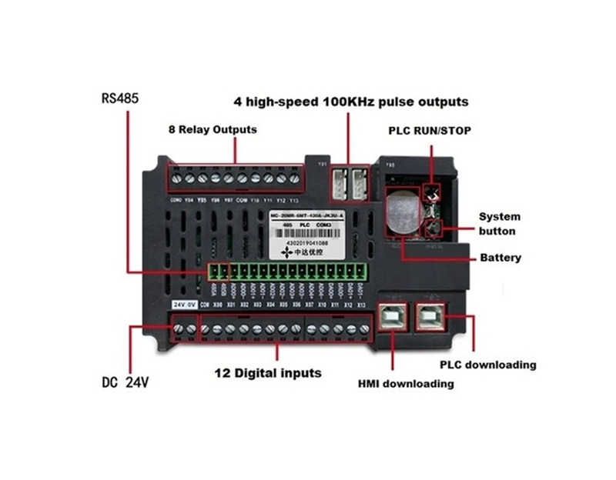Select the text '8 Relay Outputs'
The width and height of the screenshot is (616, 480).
pos(213,129)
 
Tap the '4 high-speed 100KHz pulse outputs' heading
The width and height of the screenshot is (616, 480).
pos(350,102)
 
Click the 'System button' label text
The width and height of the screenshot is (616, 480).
pos(500,223)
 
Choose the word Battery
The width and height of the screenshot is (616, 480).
pos(500,258)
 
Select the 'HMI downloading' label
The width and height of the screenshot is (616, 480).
pos(405,383)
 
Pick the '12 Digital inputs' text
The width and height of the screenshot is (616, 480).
pos(267,373)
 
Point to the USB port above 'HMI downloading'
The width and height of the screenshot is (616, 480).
pos(393,315)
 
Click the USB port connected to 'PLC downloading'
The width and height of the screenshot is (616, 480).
pos(434,315)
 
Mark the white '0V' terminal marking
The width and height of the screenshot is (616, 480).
pos(191,305)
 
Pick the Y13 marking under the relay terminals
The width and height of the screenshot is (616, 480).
pos(293,199)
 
